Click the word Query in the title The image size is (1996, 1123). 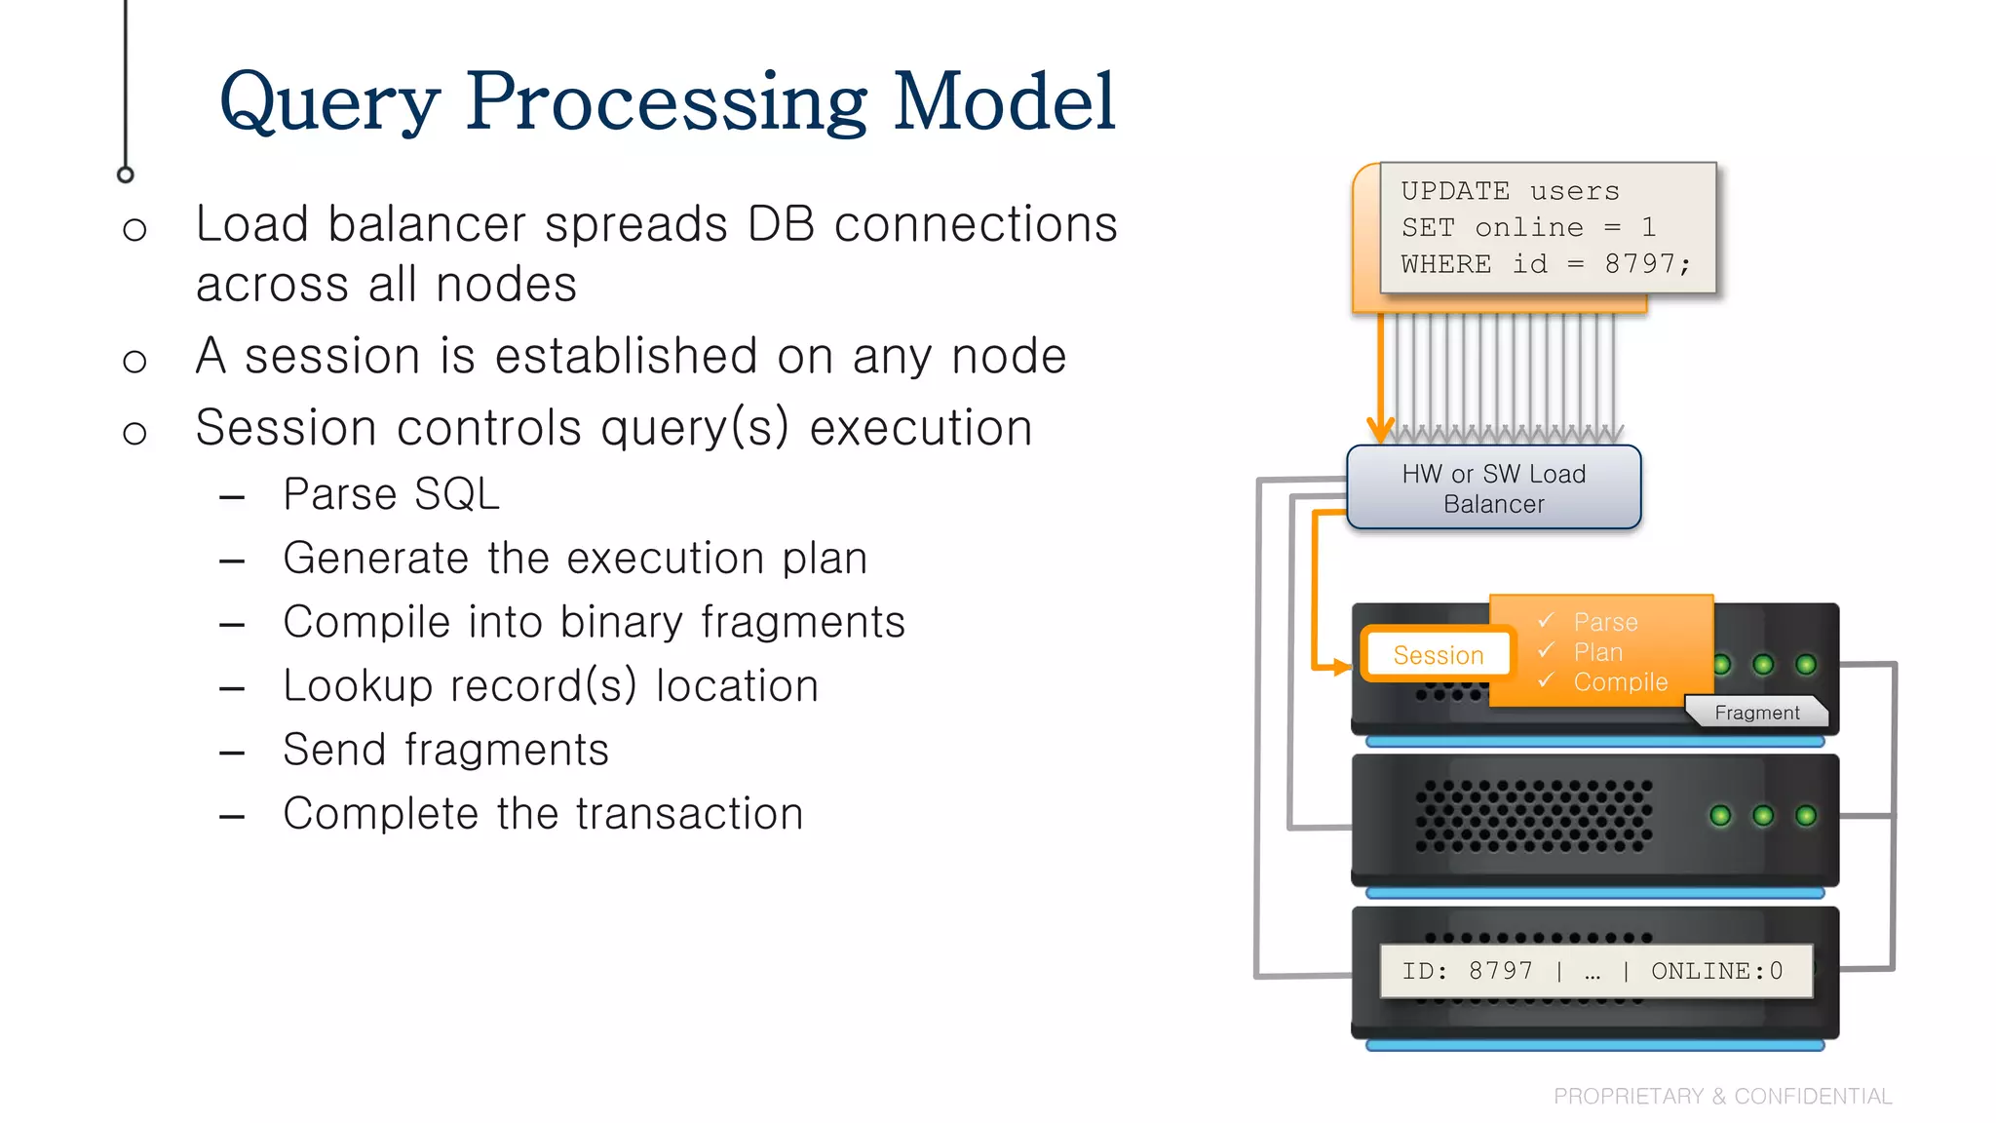(329, 103)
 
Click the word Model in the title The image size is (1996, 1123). (1004, 101)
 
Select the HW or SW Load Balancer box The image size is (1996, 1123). (1493, 488)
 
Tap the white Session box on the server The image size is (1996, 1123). (1438, 655)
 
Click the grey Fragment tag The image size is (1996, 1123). (1756, 713)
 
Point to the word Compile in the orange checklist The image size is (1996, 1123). (1620, 682)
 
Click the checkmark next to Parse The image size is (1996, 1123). (1546, 620)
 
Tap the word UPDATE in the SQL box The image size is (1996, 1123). (1455, 191)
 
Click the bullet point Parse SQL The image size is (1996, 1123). (391, 494)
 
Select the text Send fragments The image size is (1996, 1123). (445, 750)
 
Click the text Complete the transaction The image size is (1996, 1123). (543, 814)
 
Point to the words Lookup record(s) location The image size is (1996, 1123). (551, 686)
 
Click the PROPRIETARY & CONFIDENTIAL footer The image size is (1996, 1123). (1722, 1097)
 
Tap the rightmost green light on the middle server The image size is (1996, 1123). (1805, 816)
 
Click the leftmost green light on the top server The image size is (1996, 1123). (1721, 665)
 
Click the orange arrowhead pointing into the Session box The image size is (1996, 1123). (1343, 668)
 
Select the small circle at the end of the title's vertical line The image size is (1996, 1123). (125, 175)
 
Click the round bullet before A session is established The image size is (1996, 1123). (134, 362)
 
